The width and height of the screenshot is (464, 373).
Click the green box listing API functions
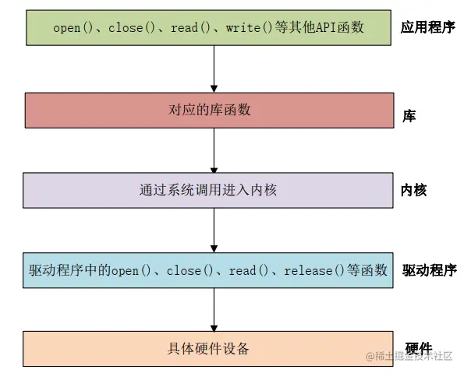click(x=208, y=27)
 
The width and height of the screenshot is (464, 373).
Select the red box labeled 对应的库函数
click(x=208, y=111)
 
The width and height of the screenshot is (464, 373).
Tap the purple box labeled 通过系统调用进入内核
click(x=208, y=190)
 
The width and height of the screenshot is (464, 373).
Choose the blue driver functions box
click(x=208, y=270)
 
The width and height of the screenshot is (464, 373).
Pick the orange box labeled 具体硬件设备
click(x=208, y=349)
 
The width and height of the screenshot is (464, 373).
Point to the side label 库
click(x=409, y=116)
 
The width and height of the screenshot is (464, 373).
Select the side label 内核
click(x=414, y=190)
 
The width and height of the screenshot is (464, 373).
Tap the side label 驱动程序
click(x=428, y=270)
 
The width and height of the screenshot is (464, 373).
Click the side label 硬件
click(x=419, y=347)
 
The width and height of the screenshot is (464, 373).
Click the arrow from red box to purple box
click(x=214, y=150)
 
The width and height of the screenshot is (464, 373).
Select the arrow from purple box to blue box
click(x=214, y=230)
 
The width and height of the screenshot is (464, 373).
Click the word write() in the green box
click(x=247, y=27)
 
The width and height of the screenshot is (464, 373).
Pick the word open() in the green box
click(x=73, y=27)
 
